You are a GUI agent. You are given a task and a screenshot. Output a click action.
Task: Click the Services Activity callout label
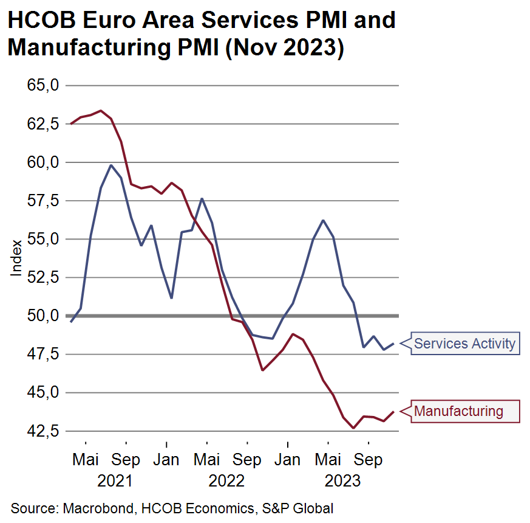click(464, 344)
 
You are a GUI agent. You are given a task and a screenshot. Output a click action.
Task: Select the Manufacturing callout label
click(458, 411)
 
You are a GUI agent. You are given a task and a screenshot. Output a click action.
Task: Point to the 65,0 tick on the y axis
click(42, 85)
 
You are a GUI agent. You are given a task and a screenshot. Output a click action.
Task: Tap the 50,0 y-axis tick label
click(42, 316)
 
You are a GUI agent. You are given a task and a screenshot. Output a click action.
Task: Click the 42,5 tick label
click(42, 431)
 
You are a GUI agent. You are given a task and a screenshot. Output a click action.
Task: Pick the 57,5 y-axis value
click(42, 201)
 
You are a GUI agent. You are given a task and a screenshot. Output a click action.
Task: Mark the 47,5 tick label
click(42, 354)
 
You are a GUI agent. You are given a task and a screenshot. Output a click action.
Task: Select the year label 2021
click(115, 481)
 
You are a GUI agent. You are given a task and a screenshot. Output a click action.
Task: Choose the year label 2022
click(226, 481)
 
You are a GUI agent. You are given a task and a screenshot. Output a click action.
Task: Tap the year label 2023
click(342, 481)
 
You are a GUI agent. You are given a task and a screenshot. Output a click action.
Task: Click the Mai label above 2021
click(86, 460)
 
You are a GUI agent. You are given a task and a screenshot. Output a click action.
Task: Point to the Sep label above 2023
click(369, 460)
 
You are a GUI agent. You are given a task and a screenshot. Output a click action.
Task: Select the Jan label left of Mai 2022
click(166, 460)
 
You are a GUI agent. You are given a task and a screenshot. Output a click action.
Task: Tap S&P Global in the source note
click(298, 508)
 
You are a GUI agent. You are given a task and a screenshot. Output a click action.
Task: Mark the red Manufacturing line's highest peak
click(101, 111)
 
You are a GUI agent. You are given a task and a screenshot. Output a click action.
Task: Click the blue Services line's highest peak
click(111, 165)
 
